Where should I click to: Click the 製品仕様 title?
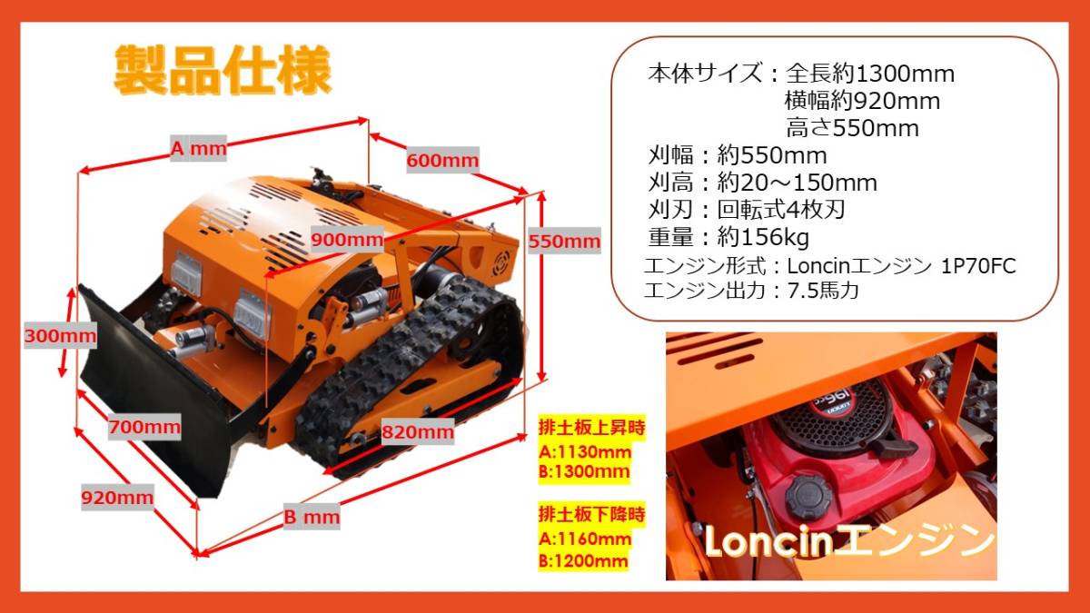(x=223, y=70)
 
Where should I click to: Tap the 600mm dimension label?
(x=443, y=160)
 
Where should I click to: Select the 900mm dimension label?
(x=347, y=240)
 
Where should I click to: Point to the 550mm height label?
(x=564, y=241)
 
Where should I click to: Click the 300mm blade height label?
(x=60, y=335)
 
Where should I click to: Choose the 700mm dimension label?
(x=144, y=427)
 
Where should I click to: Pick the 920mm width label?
(x=117, y=498)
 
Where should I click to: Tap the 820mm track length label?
(x=418, y=431)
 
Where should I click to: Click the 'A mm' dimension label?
(x=199, y=148)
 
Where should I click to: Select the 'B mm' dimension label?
(x=312, y=516)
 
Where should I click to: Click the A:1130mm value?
(x=584, y=452)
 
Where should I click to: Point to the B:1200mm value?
(x=583, y=561)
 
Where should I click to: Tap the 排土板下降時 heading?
(x=591, y=514)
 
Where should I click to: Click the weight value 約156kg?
(x=762, y=237)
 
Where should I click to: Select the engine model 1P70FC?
(x=978, y=266)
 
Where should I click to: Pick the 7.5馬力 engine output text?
(x=823, y=291)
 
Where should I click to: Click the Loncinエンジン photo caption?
(x=849, y=540)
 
